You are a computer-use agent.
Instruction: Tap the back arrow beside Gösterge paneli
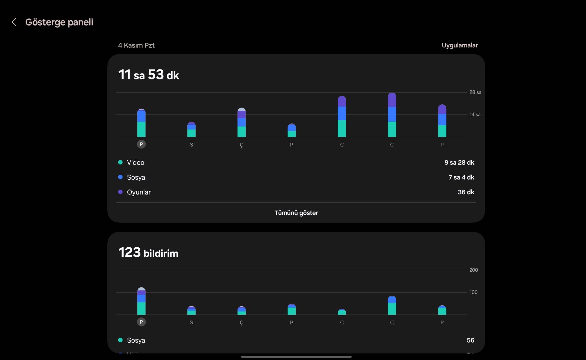point(14,22)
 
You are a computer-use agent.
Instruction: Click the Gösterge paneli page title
point(59,22)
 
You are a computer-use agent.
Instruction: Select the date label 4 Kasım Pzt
point(136,45)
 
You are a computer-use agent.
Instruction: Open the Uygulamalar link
point(460,45)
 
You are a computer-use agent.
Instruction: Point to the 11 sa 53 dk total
point(149,75)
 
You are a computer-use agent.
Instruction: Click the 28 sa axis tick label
point(475,92)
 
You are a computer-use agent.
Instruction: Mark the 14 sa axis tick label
point(475,115)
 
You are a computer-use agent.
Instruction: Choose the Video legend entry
point(135,163)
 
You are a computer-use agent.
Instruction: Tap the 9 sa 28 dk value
point(459,163)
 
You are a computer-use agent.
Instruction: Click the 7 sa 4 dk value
point(461,177)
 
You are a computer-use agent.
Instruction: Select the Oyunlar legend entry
point(138,192)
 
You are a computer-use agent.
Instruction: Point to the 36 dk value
point(466,192)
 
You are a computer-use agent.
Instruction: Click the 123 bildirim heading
point(148,253)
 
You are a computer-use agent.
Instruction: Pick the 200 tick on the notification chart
point(473,270)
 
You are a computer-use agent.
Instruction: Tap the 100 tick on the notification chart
point(473,292)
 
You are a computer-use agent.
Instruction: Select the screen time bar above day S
point(191,130)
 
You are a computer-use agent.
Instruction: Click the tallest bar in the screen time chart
point(392,115)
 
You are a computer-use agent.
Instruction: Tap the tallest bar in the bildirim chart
point(141,301)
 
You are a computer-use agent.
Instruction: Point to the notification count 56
point(470,340)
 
